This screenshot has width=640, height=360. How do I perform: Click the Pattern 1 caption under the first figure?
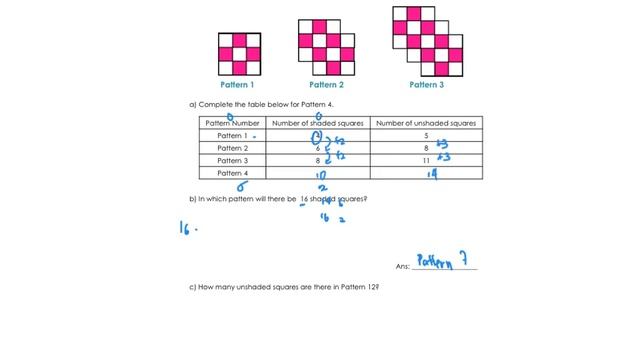239,85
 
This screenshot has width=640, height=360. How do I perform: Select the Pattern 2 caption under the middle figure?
326,85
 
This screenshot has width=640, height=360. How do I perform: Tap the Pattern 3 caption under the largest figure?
427,85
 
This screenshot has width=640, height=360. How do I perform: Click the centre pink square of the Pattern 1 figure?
239,54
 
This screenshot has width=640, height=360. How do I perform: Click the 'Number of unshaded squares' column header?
427,122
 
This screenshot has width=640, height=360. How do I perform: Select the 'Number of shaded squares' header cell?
316,122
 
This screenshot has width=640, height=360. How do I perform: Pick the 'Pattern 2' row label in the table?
231,147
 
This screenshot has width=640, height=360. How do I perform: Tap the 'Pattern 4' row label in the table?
231,173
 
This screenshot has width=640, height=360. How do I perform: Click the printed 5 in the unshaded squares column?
426,135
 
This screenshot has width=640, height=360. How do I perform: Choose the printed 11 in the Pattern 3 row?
426,160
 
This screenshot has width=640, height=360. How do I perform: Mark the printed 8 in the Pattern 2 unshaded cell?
426,147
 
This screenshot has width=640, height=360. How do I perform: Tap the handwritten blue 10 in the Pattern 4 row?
320,175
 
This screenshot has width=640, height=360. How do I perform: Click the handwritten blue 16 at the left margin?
187,228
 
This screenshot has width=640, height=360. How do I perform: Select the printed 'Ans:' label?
403,267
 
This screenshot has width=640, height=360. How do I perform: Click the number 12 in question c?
371,287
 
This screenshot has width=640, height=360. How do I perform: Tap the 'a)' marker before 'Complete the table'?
192,104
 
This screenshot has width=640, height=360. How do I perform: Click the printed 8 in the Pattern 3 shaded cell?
316,160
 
